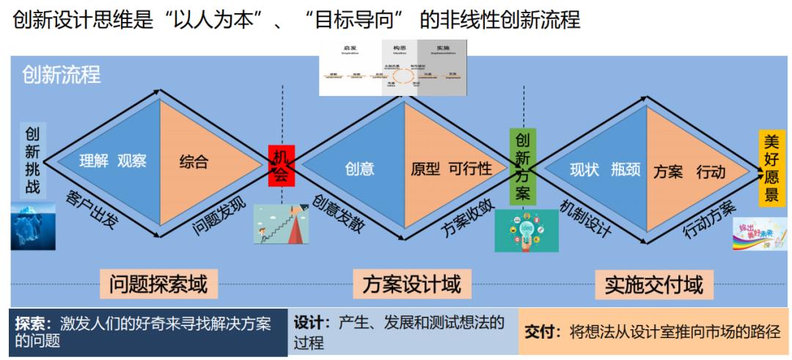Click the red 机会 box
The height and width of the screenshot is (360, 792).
(282, 165)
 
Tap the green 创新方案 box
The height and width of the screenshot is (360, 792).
(524, 166)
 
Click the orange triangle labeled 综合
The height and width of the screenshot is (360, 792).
(194, 162)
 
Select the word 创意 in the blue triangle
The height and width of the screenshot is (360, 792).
(359, 169)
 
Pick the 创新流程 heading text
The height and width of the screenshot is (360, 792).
(62, 75)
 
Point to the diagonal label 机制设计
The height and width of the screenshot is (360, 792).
(585, 216)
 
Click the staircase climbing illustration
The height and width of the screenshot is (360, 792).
(280, 224)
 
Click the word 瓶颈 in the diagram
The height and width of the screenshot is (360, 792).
(626, 170)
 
